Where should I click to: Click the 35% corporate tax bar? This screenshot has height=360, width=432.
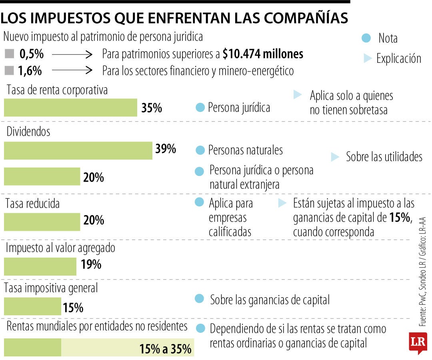(70, 108)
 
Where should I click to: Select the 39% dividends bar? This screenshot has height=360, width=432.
(78, 150)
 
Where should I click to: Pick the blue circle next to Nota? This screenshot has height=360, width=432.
(365, 38)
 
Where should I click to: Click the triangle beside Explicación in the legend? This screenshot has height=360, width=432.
(368, 59)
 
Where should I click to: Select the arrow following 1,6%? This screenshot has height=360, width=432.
(72, 71)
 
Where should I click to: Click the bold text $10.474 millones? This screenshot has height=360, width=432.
(263, 54)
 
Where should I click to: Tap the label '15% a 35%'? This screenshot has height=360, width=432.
(165, 349)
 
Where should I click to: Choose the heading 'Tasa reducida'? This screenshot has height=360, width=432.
(32, 204)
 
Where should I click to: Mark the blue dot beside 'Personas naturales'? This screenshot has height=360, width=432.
(200, 150)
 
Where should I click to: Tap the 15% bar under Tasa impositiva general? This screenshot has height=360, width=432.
(32, 306)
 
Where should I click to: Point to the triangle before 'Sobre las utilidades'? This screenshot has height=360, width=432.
(335, 157)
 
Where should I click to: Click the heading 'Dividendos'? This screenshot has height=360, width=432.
(28, 132)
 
